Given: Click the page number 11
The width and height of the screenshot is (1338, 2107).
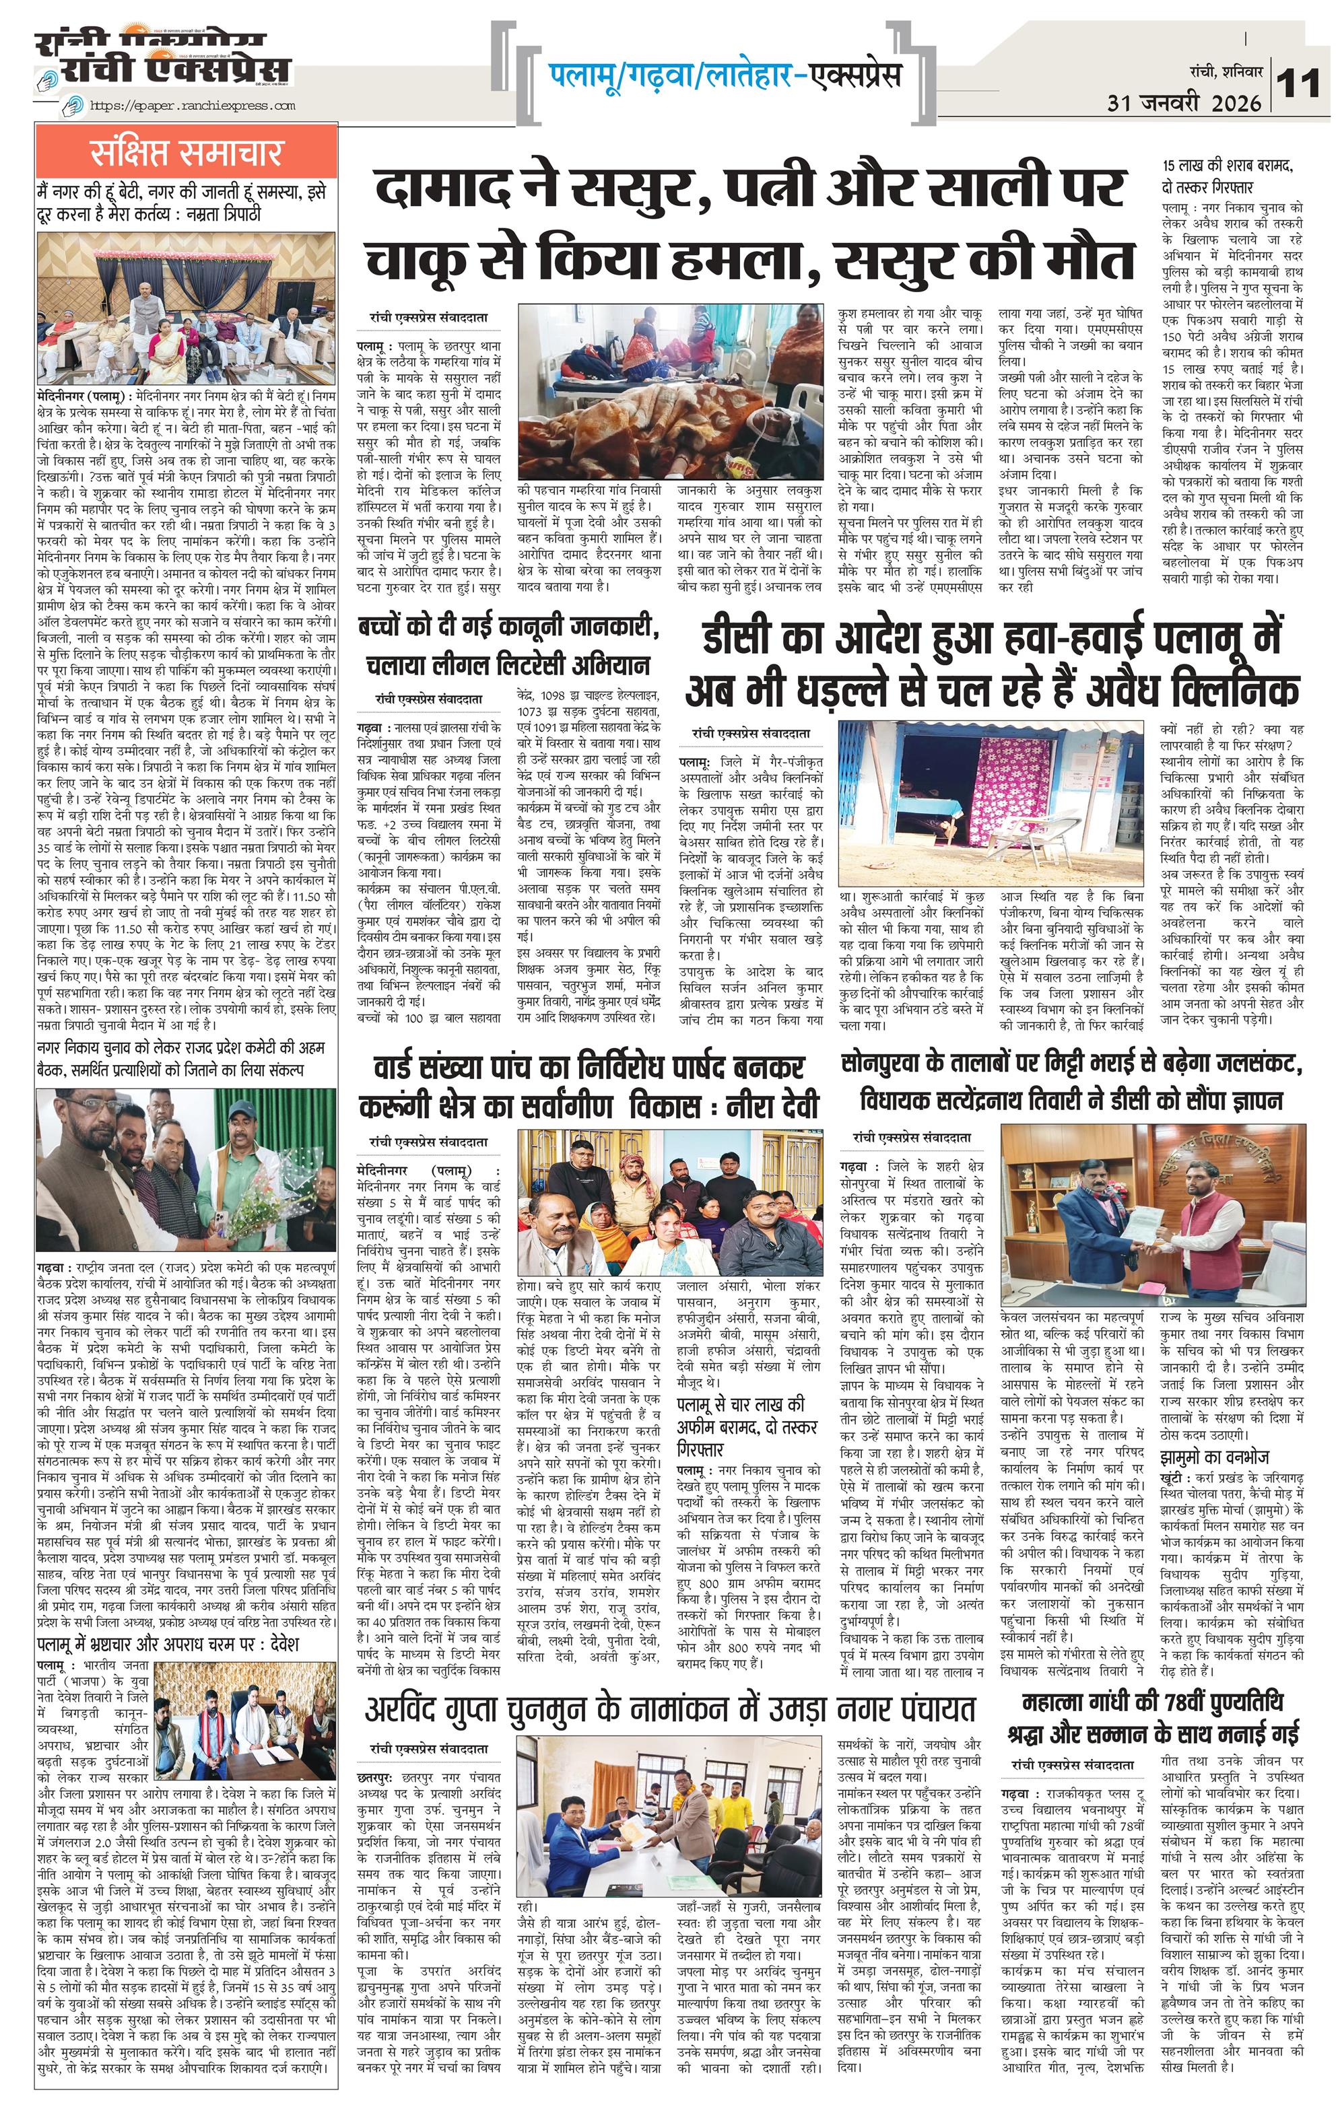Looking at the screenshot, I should [1298, 85].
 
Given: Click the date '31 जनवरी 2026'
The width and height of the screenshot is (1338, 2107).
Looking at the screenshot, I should [1184, 103].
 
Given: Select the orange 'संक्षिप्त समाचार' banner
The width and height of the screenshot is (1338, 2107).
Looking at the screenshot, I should [187, 153].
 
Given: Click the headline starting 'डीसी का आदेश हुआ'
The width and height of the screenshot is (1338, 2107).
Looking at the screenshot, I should [991, 639].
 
